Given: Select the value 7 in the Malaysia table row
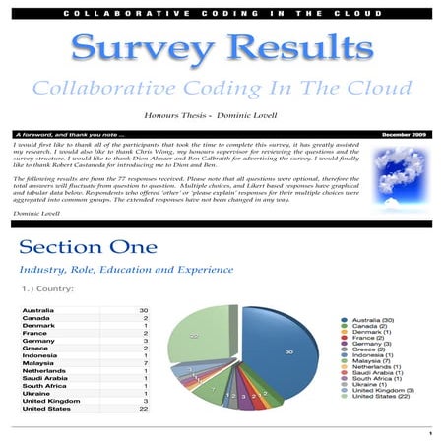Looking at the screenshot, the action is (145, 363).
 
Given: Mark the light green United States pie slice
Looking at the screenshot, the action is (202, 340).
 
